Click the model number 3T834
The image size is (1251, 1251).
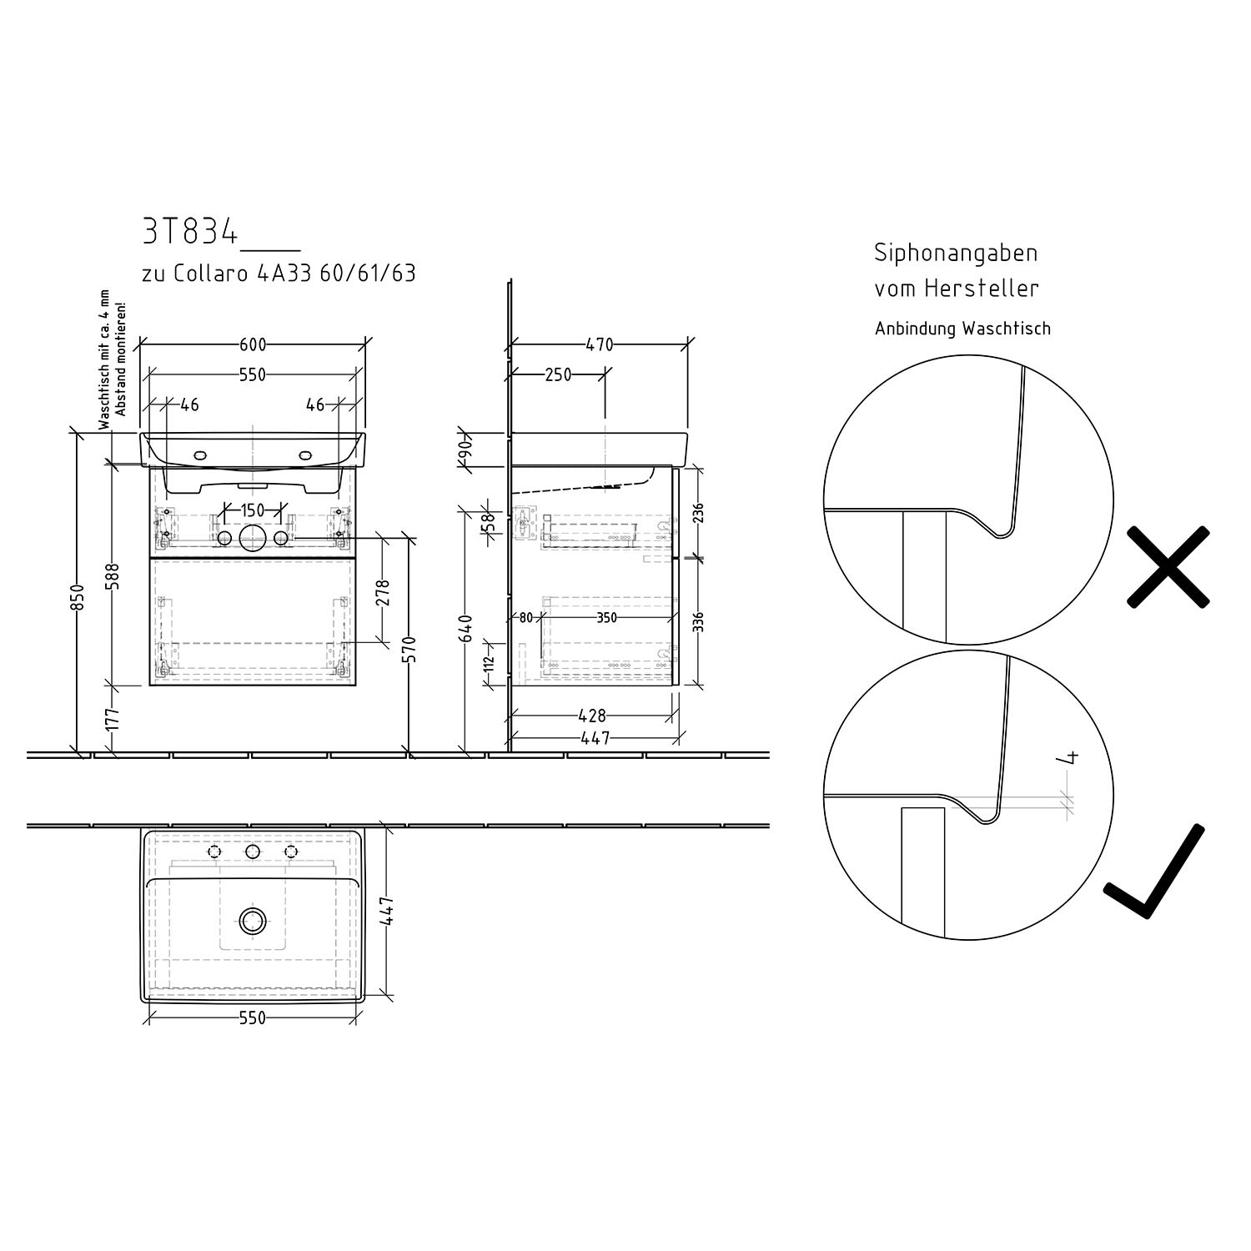[190, 233]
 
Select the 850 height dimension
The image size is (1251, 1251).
[77, 597]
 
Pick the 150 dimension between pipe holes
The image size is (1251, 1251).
[252, 510]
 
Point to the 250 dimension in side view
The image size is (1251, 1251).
[558, 375]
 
